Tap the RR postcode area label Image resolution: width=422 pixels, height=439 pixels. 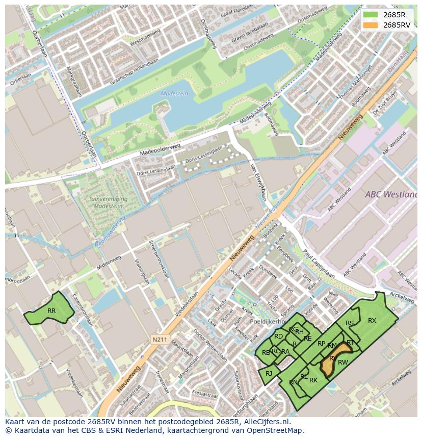pos(51,311)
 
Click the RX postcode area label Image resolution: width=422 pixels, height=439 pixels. pos(372,321)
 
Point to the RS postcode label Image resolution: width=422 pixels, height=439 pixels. pos(350,323)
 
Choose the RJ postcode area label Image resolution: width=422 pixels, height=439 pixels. pos(269,374)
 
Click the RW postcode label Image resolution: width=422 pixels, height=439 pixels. pos(343,363)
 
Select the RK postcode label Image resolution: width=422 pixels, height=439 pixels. pos(313,380)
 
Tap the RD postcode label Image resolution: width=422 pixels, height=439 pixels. pos(278,337)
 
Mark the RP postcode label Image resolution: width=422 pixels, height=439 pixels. pos(321,344)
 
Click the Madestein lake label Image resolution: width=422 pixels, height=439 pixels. pos(174,94)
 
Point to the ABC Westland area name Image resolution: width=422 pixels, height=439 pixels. pos(390,194)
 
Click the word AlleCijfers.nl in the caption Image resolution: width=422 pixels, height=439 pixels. pos(266,422)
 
